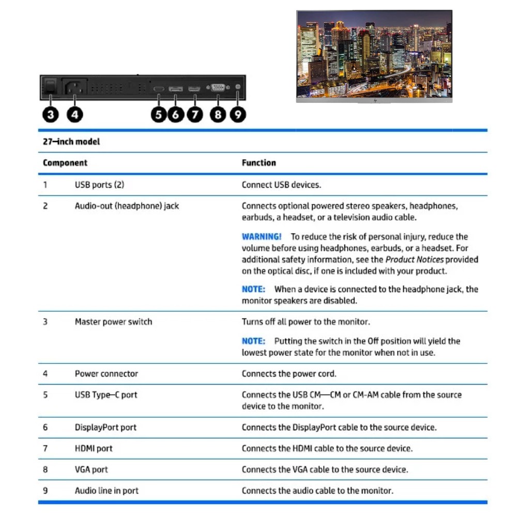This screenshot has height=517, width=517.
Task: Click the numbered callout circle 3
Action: pyautogui.click(x=50, y=114)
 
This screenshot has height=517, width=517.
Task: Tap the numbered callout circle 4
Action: pyautogui.click(x=75, y=114)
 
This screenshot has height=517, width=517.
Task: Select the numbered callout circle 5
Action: pyautogui.click(x=159, y=114)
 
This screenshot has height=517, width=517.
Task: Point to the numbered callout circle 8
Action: pyautogui.click(x=218, y=114)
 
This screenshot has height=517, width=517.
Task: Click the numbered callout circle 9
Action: pyautogui.click(x=238, y=114)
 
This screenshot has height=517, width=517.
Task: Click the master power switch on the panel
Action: pyautogui.click(x=49, y=86)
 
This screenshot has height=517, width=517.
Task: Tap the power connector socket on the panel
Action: pyautogui.click(x=74, y=87)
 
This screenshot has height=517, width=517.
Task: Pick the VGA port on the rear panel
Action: pyautogui.click(x=218, y=88)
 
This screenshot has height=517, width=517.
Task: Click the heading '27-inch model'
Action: pyautogui.click(x=71, y=142)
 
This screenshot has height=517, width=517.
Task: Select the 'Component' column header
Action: pyautogui.click(x=65, y=163)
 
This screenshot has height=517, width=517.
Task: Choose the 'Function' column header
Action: pyautogui.click(x=259, y=163)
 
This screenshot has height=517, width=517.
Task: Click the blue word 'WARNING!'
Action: pyautogui.click(x=262, y=237)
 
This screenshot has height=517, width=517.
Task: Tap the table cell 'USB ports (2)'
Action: pyautogui.click(x=100, y=185)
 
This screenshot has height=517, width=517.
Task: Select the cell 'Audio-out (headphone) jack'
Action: pyautogui.click(x=127, y=206)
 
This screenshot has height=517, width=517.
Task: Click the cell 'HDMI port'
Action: pyautogui.click(x=94, y=449)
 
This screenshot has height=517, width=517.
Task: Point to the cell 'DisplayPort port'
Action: pyautogui.click(x=105, y=428)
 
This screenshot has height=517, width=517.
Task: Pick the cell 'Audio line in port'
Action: pyautogui.click(x=107, y=491)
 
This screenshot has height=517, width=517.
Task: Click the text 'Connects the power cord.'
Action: pyautogui.click(x=289, y=374)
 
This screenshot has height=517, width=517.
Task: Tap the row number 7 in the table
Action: pyautogui.click(x=45, y=449)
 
